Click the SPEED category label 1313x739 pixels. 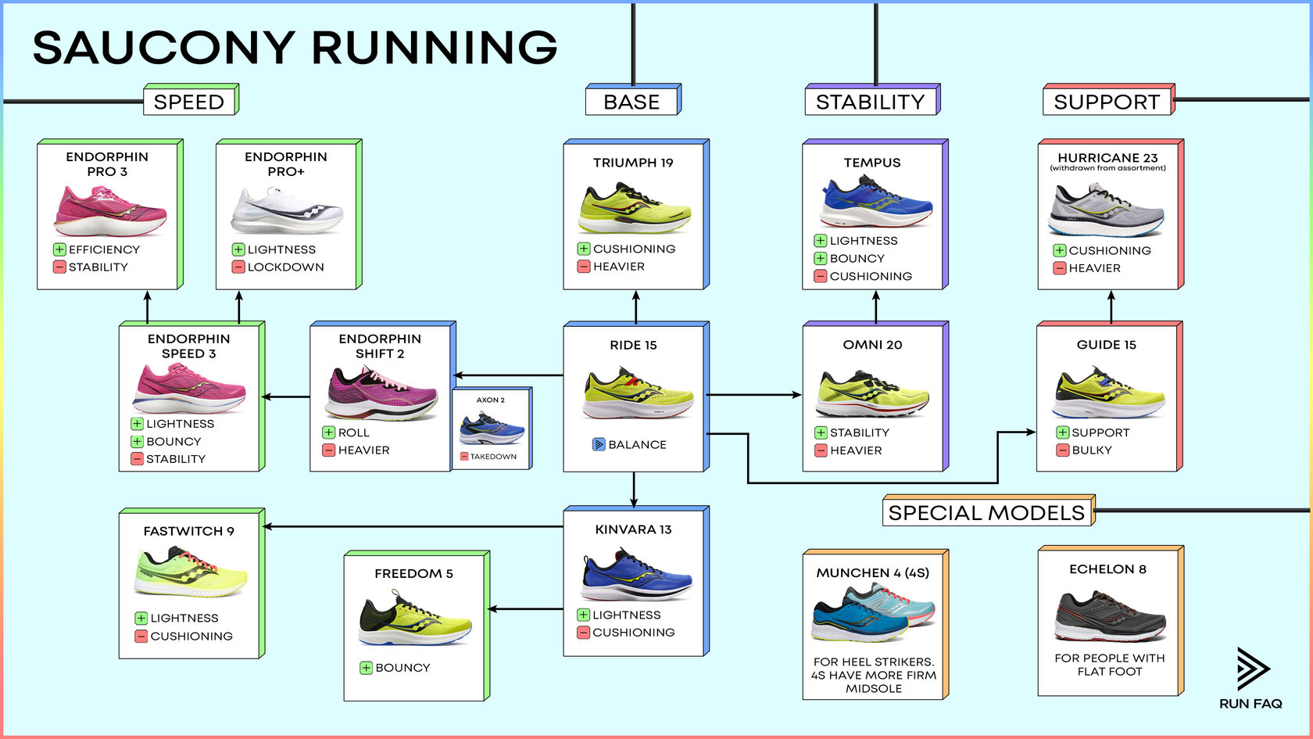[x=189, y=102]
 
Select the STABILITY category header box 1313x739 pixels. [x=870, y=102]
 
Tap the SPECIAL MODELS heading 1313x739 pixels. [x=986, y=513]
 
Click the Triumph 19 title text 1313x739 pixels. [x=633, y=163]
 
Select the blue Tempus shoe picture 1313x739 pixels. [x=875, y=203]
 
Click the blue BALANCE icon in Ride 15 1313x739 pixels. [x=599, y=444]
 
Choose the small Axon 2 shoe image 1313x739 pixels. [x=492, y=429]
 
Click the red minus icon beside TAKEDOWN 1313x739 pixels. [x=464, y=457]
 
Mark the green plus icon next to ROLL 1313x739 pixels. [x=328, y=432]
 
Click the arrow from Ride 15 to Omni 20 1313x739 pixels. [x=755, y=395]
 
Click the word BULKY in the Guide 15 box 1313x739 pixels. [x=1092, y=450]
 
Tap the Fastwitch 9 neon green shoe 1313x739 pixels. [x=191, y=572]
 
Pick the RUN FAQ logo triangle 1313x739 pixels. [x=1252, y=668]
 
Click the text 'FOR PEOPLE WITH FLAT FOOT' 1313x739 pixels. [x=1109, y=665]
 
